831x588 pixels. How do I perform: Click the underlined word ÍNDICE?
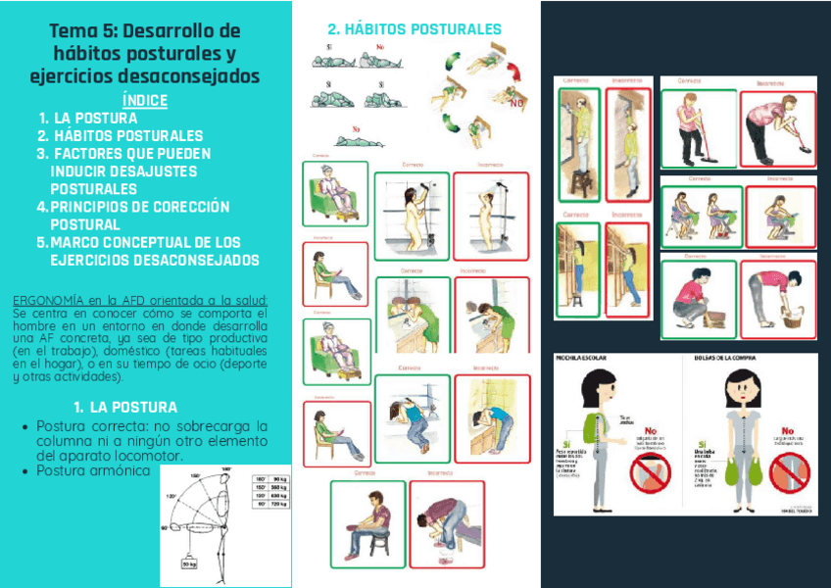(145, 101)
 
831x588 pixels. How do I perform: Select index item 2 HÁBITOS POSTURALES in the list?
(127, 136)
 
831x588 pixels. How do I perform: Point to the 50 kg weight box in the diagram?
(189, 563)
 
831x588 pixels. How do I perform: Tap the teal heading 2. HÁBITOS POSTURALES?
(414, 29)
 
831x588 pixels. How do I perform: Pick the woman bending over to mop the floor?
(776, 128)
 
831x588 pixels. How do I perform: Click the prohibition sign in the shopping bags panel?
(789, 474)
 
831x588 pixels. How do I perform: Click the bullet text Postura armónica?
(93, 471)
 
